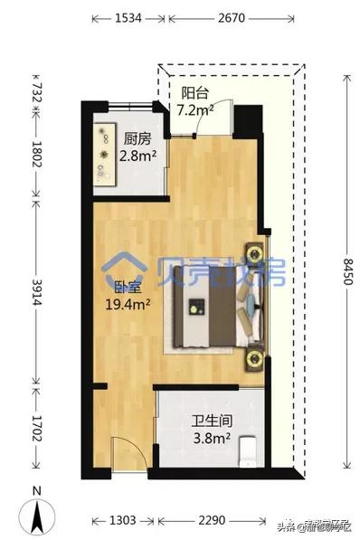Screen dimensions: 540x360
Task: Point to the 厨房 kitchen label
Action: (138, 139)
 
